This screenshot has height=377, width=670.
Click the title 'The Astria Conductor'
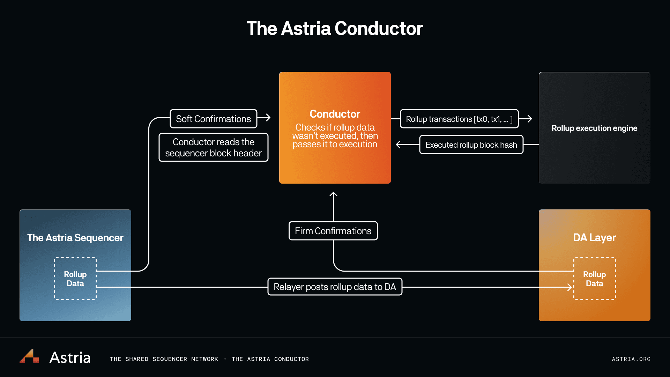(x=335, y=28)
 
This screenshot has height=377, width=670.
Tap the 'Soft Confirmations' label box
(x=213, y=119)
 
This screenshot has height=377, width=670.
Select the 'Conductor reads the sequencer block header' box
(x=213, y=147)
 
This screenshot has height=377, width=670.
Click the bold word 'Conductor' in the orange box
(x=335, y=114)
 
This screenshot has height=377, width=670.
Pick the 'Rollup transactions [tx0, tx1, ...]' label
(x=459, y=119)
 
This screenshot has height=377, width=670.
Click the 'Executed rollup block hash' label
(x=471, y=145)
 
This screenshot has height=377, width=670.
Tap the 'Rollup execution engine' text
(x=594, y=128)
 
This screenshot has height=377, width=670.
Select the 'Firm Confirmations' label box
(x=333, y=231)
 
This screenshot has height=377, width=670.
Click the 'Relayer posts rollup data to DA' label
(x=335, y=287)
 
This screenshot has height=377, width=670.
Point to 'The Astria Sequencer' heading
(x=75, y=238)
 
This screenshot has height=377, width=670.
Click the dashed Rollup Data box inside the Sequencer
(x=75, y=279)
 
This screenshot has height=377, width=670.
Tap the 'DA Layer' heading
(x=594, y=238)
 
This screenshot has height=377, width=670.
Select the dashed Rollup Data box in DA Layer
(x=594, y=279)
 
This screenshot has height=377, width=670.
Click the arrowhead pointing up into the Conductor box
(x=333, y=194)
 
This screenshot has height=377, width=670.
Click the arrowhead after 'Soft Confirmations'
(x=268, y=117)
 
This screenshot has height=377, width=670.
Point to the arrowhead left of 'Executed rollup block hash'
(x=399, y=145)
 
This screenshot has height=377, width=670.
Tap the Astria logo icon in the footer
(x=29, y=356)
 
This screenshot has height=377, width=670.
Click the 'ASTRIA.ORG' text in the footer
(x=631, y=359)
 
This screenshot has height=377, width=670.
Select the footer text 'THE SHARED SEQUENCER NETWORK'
(x=164, y=359)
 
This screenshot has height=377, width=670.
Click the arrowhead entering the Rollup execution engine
(x=529, y=119)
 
